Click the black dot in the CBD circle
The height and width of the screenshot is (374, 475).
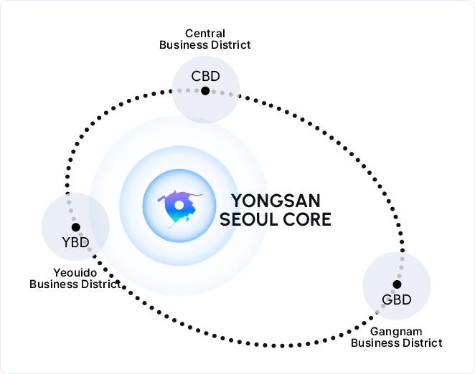coord(205,90)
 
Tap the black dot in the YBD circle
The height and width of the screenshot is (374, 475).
coord(75,227)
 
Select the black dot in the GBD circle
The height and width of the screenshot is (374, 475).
coord(397,284)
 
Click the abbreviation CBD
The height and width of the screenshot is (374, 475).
coord(205,76)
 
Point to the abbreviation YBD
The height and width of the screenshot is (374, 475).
coord(75,241)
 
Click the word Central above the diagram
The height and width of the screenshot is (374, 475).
coord(205,33)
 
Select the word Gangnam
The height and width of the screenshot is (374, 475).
coord(396,331)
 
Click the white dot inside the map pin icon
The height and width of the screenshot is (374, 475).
coord(179,206)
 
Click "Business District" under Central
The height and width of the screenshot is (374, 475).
coord(205,44)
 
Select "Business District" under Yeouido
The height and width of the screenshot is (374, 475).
coord(75,284)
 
